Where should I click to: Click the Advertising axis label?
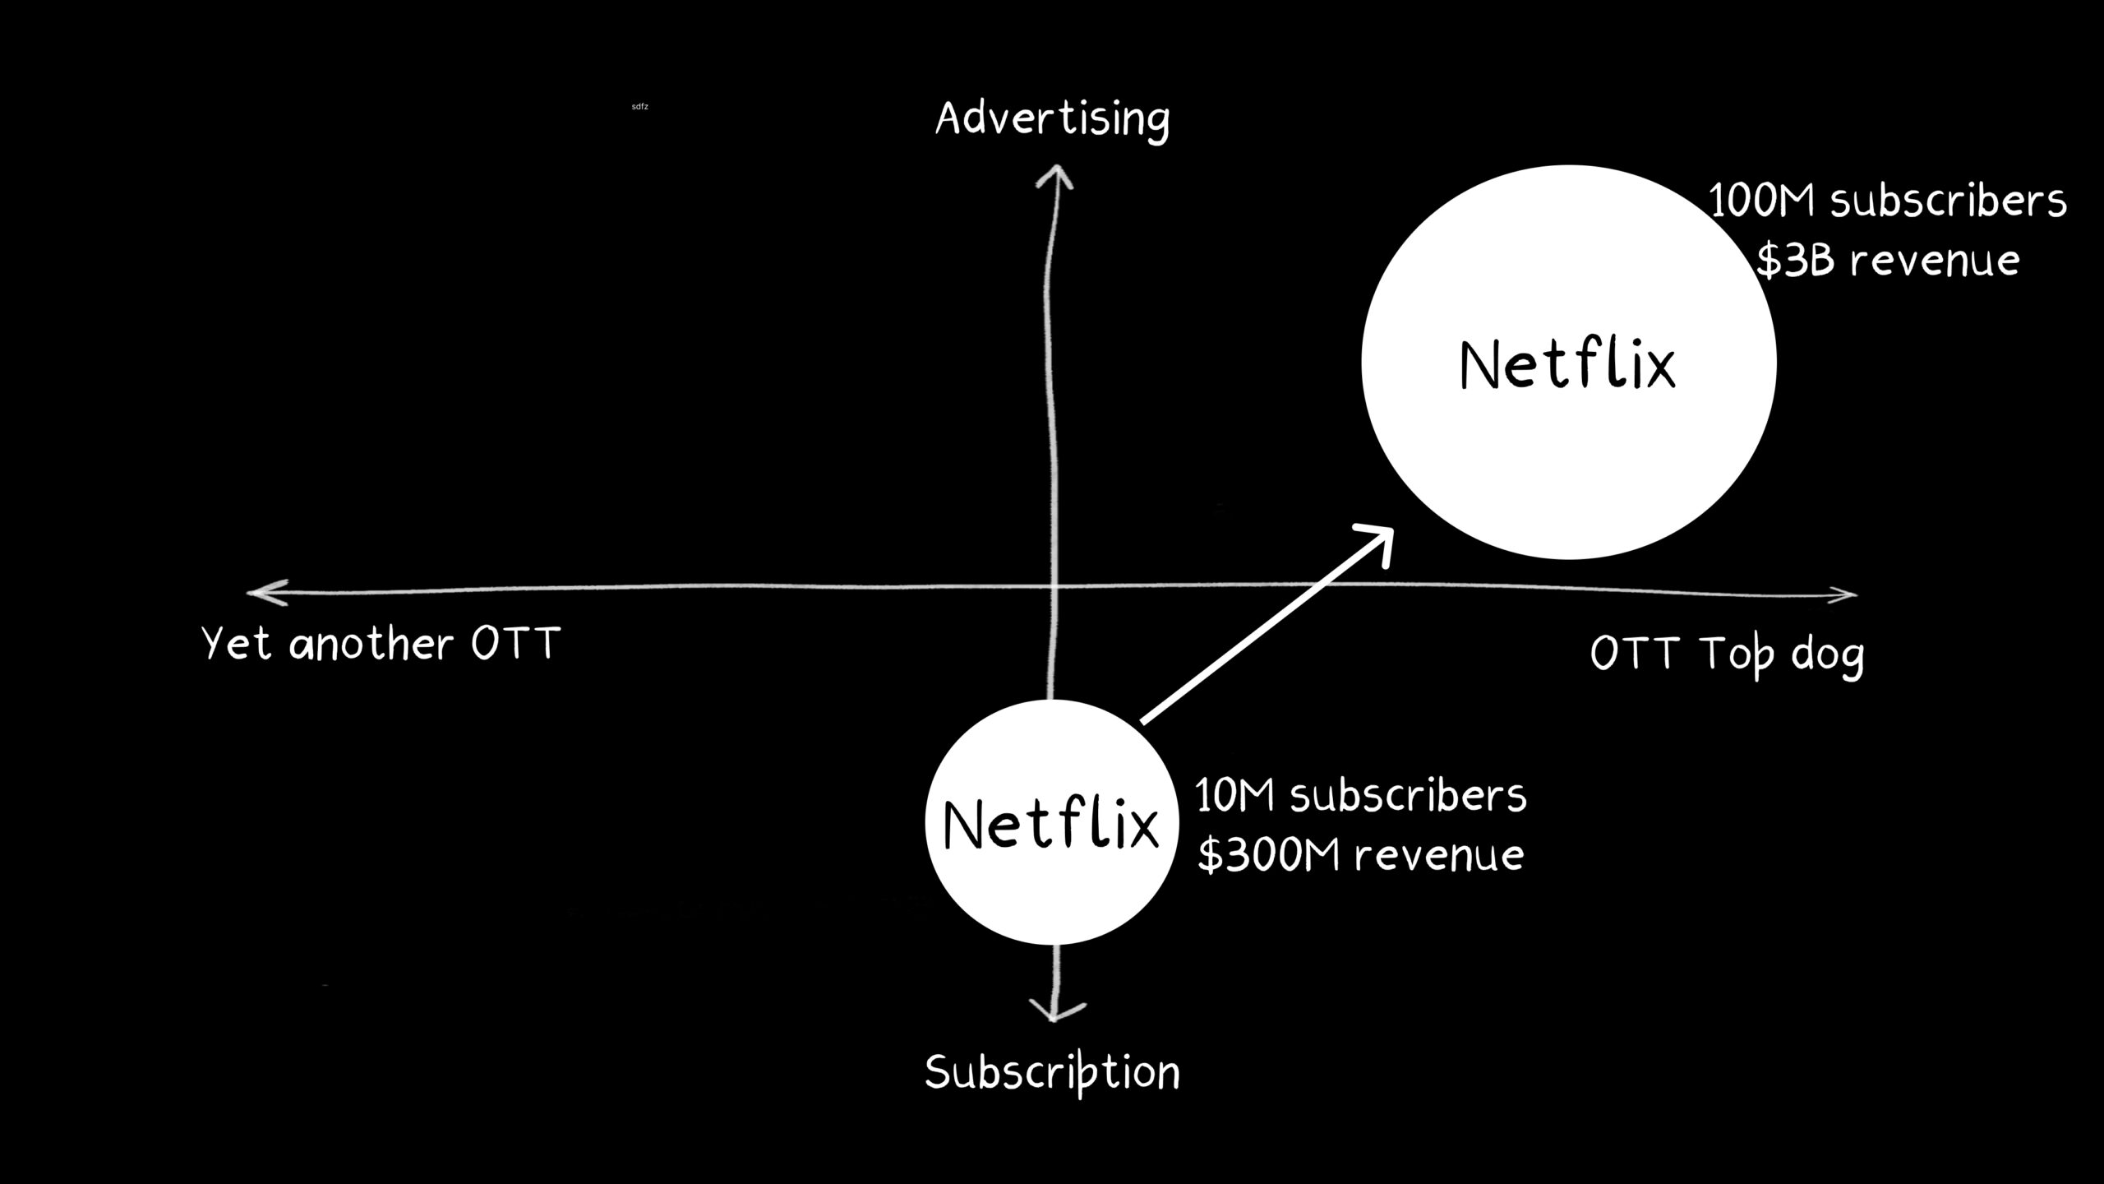coord(1052,119)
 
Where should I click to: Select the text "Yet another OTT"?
coord(381,643)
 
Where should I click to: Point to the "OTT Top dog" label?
coord(1727,655)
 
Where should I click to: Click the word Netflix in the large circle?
coord(1567,365)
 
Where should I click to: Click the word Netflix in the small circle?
coord(1051,824)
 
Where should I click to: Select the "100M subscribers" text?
coord(1887,201)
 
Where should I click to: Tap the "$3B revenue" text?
coord(1887,261)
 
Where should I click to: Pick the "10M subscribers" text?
coord(1360,796)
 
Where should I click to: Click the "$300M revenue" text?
coord(1360,855)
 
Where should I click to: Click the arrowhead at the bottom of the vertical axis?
coord(1055,1011)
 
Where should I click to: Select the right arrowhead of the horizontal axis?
coord(1843,595)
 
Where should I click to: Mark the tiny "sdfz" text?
coord(639,107)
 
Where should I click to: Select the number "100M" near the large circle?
coord(1761,201)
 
